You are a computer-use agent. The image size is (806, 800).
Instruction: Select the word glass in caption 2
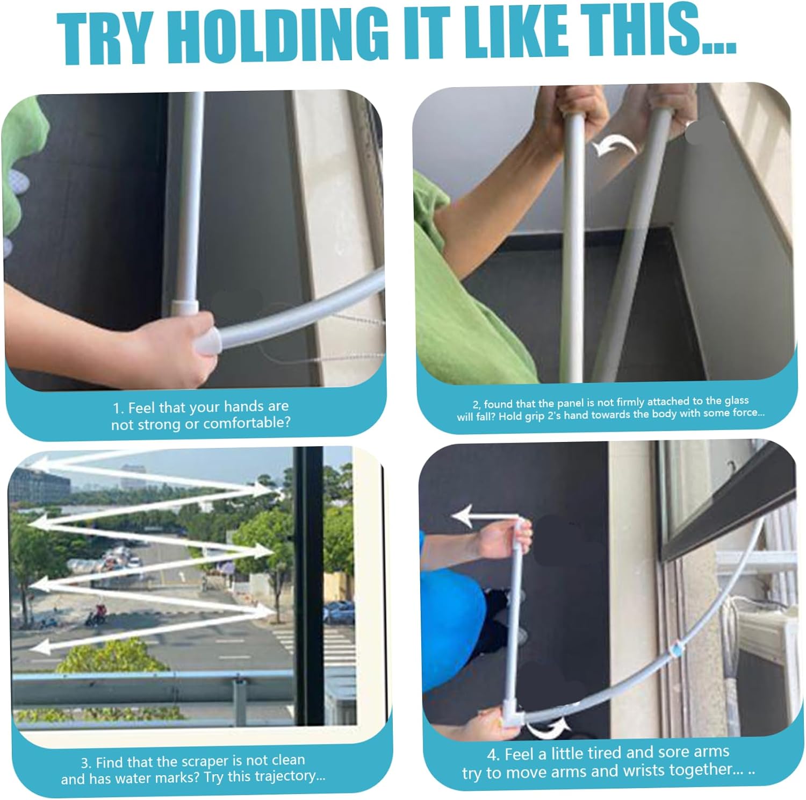(735, 401)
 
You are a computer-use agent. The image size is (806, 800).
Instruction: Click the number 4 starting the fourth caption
(492, 755)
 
